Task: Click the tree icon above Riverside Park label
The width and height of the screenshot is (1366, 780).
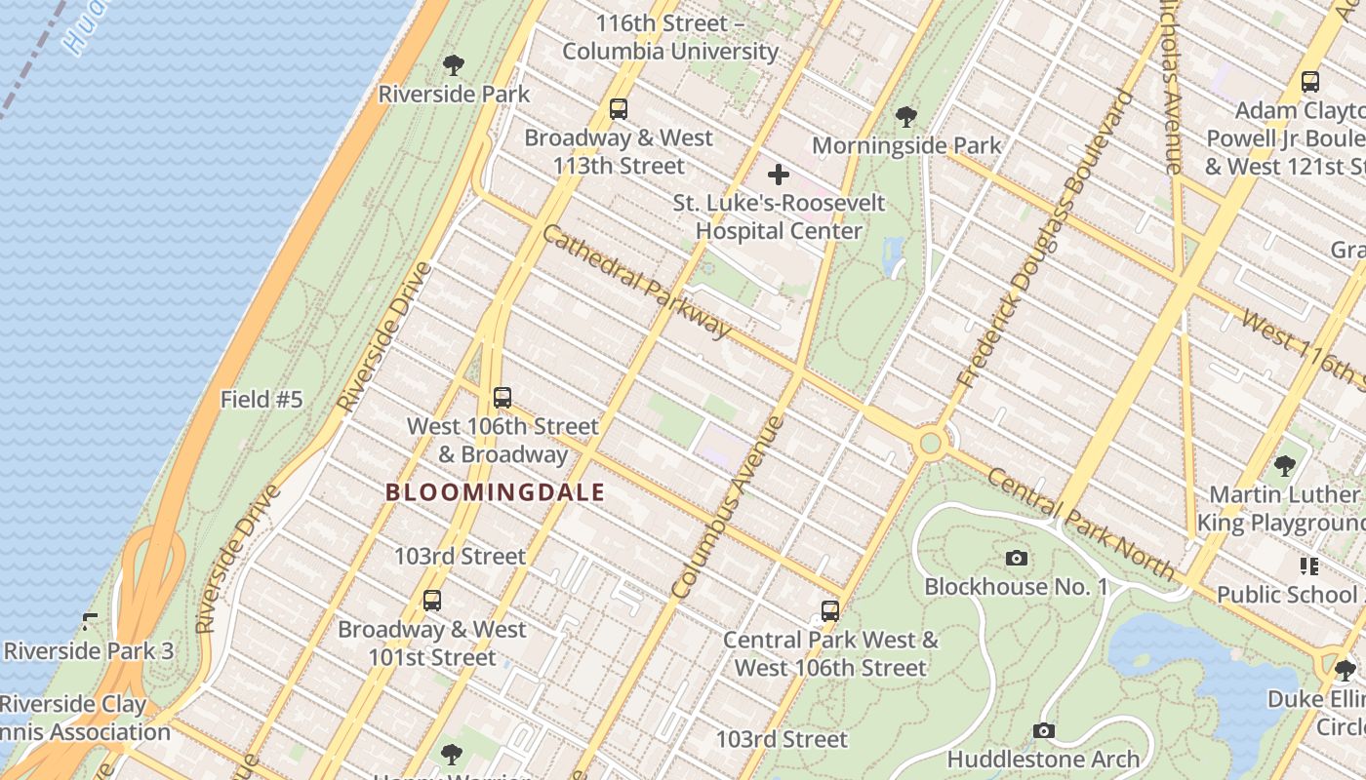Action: click(x=453, y=65)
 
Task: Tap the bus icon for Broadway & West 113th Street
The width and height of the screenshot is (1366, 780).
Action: click(x=619, y=109)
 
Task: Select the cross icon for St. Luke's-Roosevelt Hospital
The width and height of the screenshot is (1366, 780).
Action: click(x=778, y=175)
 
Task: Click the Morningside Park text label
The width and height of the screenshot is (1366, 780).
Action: click(x=906, y=145)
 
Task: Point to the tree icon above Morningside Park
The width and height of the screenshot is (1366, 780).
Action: click(x=906, y=117)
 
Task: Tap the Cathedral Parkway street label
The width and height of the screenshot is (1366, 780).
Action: click(x=636, y=282)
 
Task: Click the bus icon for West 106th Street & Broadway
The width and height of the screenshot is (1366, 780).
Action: click(x=502, y=398)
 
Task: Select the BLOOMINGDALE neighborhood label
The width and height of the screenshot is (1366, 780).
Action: click(x=495, y=492)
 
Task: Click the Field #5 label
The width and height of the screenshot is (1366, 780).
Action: click(x=261, y=399)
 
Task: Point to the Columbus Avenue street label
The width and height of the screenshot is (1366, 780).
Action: click(x=728, y=507)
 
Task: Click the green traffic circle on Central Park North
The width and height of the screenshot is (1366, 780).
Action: click(x=931, y=444)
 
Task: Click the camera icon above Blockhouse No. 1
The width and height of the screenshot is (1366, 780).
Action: click(x=1017, y=558)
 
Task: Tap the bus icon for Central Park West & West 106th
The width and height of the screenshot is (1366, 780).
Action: click(x=830, y=611)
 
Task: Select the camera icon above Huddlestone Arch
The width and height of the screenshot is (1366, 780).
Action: click(x=1043, y=730)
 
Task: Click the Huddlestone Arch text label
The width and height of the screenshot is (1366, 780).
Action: click(x=1043, y=759)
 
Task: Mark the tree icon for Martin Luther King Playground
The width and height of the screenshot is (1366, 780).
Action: click(x=1285, y=466)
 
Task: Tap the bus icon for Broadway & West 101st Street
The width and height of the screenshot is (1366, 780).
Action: click(x=432, y=601)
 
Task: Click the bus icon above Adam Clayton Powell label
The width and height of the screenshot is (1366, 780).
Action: click(x=1310, y=82)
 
